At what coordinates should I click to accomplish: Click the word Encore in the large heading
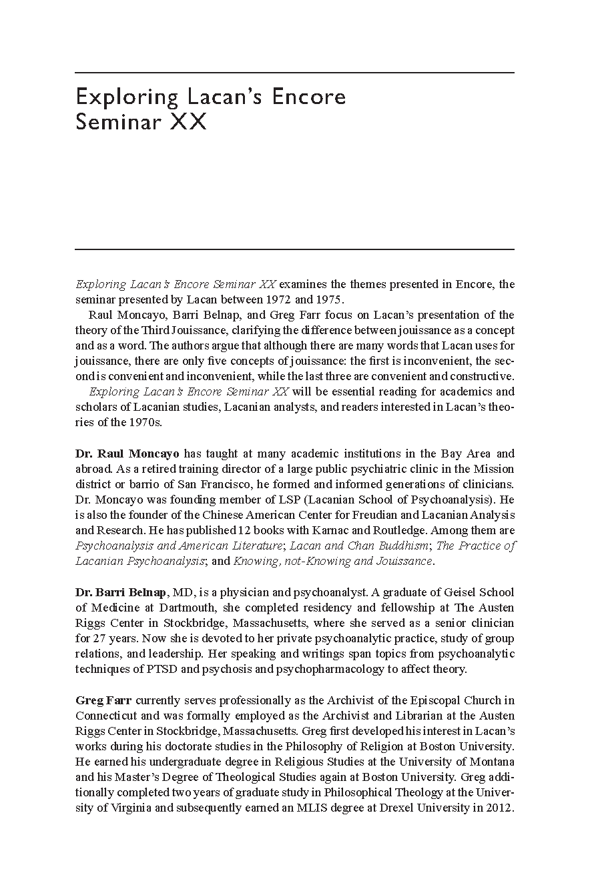[x=308, y=97]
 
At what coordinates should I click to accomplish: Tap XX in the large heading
[x=189, y=123]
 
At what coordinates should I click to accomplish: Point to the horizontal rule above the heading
[x=294, y=72]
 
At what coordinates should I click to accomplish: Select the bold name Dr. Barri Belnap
[x=121, y=592]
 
